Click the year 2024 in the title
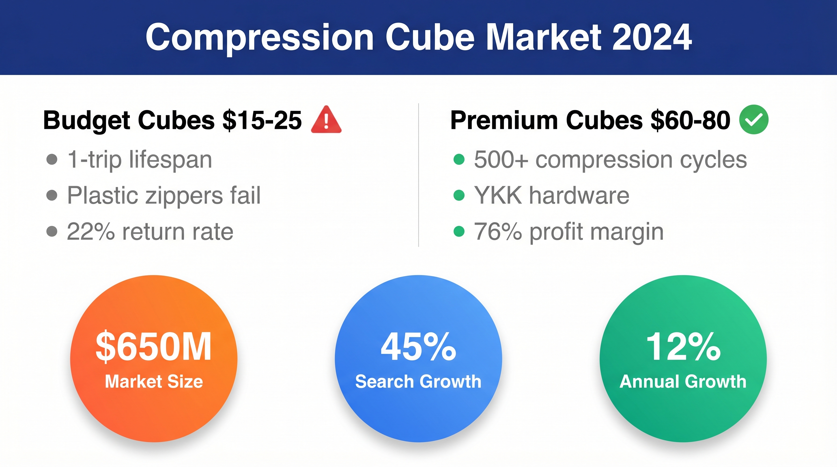652,37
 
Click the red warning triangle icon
326,119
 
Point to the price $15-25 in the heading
262,120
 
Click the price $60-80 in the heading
690,120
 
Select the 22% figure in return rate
91,232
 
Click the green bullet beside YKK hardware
459,195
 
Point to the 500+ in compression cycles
501,160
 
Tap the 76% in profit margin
498,232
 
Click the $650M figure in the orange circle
153,347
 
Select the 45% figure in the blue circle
418,347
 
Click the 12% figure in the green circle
683,347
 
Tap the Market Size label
154,381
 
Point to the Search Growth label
418,381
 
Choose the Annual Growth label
683,381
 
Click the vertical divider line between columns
418,175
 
